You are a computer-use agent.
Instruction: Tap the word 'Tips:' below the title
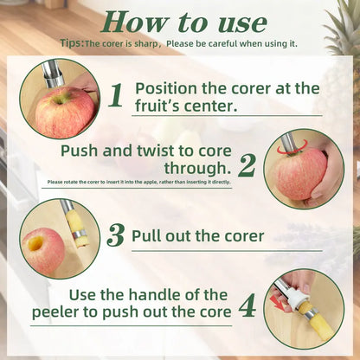pos(73,42)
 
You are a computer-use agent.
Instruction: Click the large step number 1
pos(115,94)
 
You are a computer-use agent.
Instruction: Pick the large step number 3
pos(115,235)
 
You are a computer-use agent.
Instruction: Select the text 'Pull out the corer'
pos(197,235)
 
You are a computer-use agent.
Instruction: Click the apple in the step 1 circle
pos(63,112)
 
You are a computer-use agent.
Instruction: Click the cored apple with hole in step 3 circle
pos(42,250)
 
